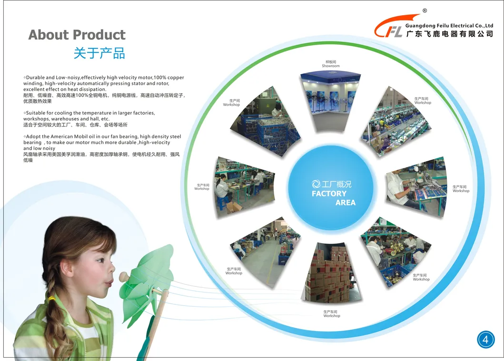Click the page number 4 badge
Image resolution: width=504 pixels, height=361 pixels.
click(x=485, y=340)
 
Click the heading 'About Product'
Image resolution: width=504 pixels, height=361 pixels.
click(x=77, y=35)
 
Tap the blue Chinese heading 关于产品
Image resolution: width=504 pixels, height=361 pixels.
click(x=99, y=53)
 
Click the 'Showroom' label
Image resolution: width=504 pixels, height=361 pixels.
click(x=330, y=66)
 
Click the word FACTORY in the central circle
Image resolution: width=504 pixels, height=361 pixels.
click(x=329, y=194)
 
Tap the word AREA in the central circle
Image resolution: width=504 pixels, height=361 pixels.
click(x=345, y=203)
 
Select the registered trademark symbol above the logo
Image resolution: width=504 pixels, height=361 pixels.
click(x=425, y=10)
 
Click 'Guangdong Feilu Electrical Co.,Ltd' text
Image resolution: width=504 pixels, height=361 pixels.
click(x=449, y=26)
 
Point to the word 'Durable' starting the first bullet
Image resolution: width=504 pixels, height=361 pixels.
click(x=35, y=78)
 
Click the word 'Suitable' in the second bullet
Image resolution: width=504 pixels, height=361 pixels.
click(x=36, y=113)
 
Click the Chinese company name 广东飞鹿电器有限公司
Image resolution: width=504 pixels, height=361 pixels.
click(x=449, y=34)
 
